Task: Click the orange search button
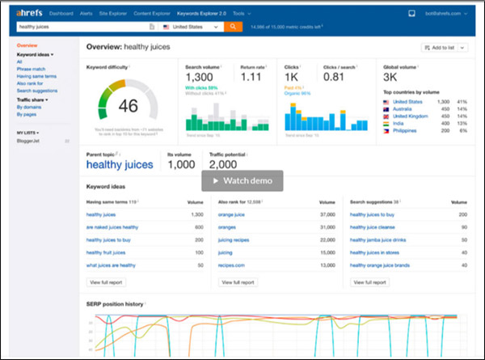pos(233,27)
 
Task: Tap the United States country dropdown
pos(191,27)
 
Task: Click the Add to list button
pos(449,49)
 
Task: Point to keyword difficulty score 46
pos(128,106)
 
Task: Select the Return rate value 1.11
pos(251,78)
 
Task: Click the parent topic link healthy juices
pos(120,164)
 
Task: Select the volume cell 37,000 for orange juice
pos(326,214)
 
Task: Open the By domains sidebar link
pos(30,107)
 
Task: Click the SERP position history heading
pos(115,303)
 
